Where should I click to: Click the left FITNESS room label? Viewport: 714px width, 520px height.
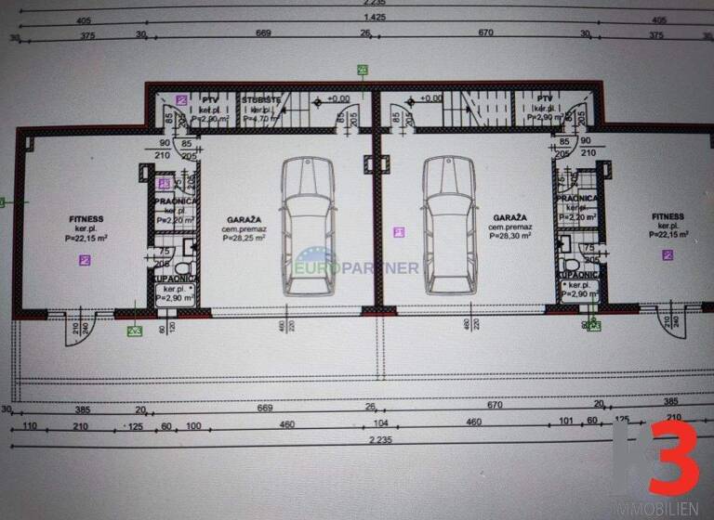point(86,219)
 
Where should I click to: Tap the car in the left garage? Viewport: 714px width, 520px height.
point(307,225)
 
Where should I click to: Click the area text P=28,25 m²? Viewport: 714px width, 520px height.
point(244,239)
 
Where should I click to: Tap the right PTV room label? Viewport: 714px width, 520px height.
point(545,97)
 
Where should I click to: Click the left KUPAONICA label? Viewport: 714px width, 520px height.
point(174,278)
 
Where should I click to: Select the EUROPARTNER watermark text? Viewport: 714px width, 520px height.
point(358,268)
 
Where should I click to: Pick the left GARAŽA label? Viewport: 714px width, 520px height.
point(244,220)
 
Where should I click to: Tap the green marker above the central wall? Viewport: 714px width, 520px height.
point(362,70)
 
